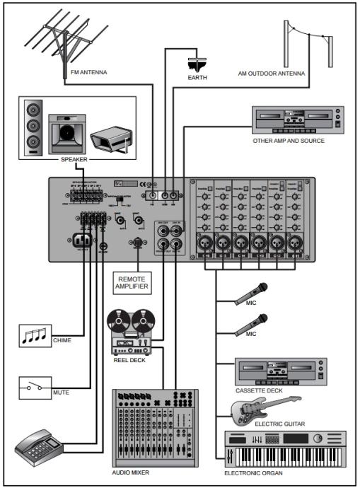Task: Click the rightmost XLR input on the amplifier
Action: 294,241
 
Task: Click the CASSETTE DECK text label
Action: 260,390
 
